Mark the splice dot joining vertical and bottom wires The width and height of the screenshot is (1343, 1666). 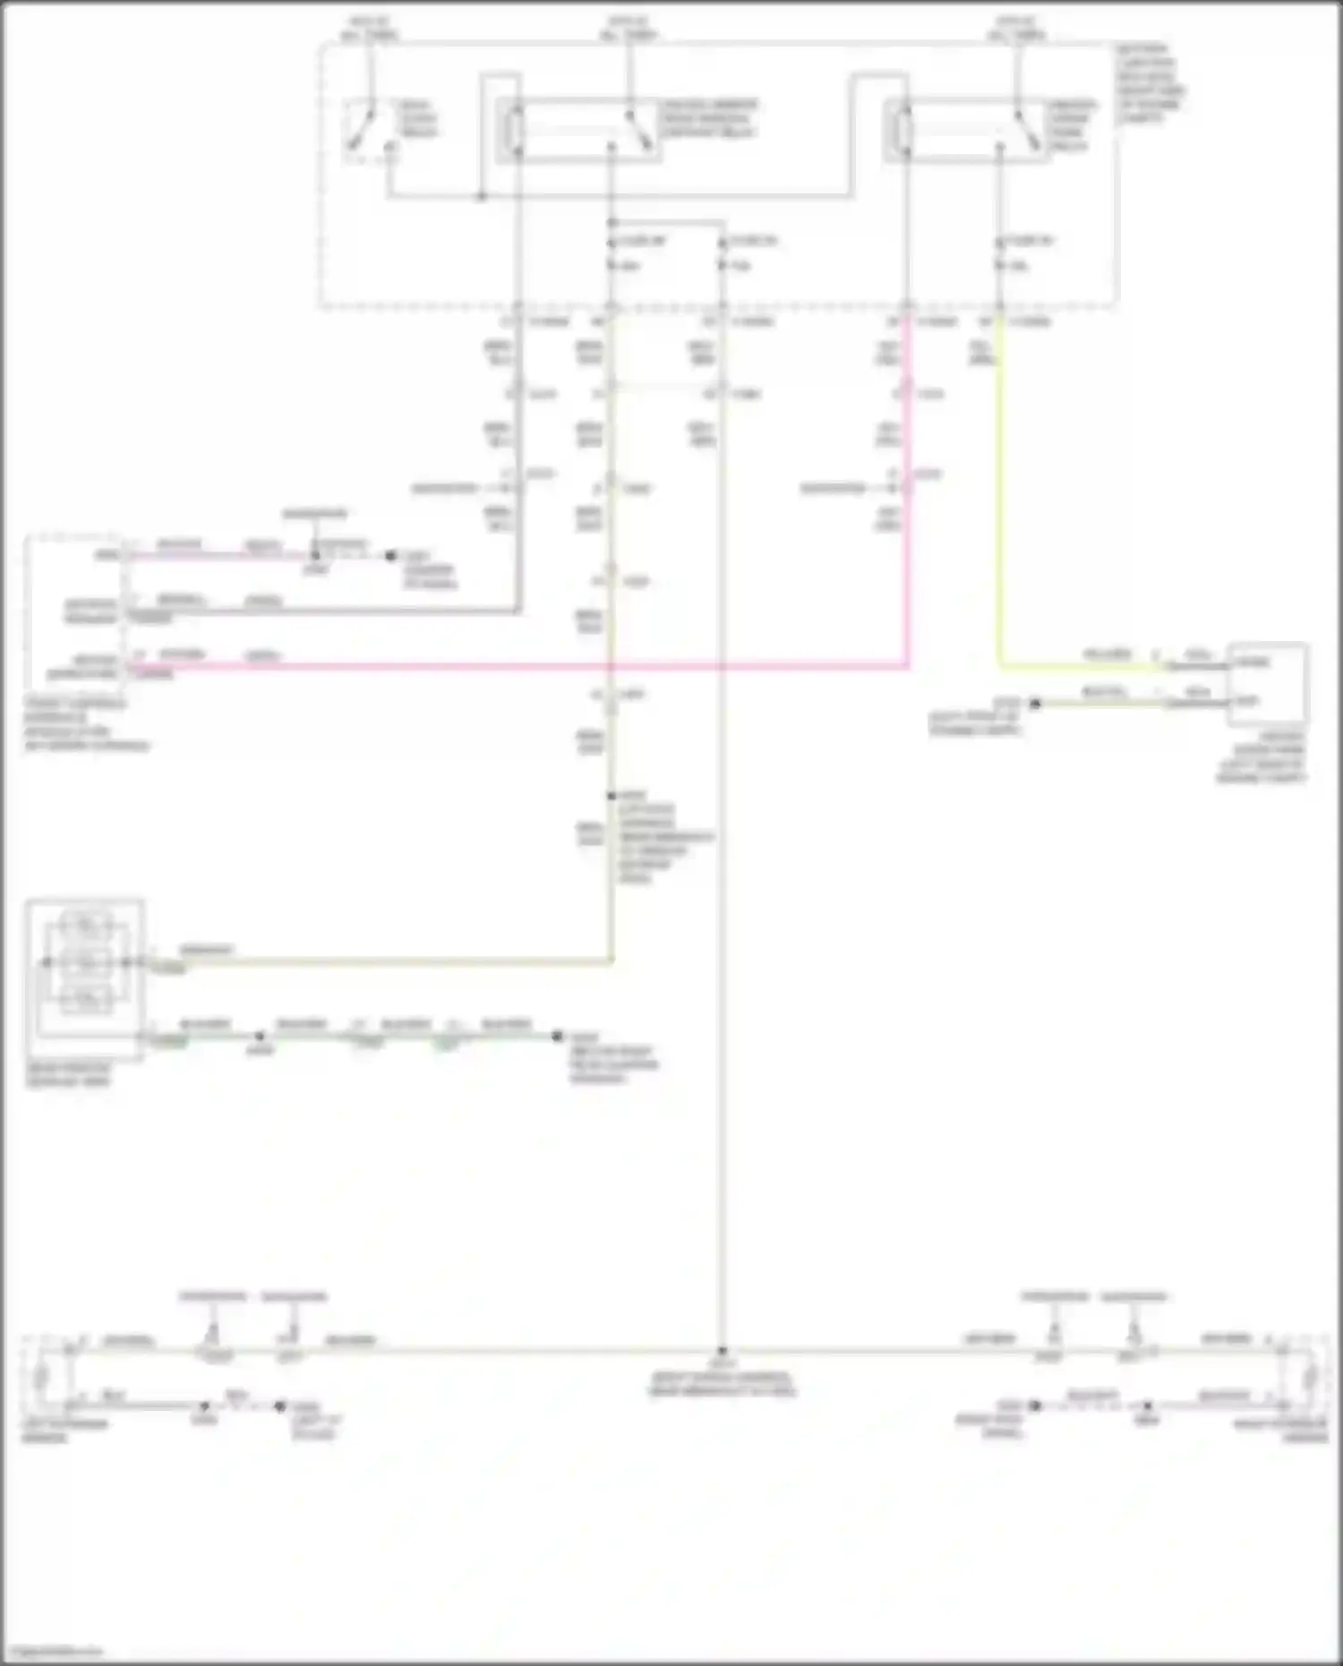722,1352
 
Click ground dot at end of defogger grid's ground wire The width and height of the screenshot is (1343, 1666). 557,1037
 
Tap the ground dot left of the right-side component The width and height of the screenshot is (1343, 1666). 1035,704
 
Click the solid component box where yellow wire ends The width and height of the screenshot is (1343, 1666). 1267,683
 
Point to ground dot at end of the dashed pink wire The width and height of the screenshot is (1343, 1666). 390,556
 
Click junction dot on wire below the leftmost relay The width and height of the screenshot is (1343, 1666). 481,196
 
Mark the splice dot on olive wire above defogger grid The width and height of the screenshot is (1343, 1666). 612,795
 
